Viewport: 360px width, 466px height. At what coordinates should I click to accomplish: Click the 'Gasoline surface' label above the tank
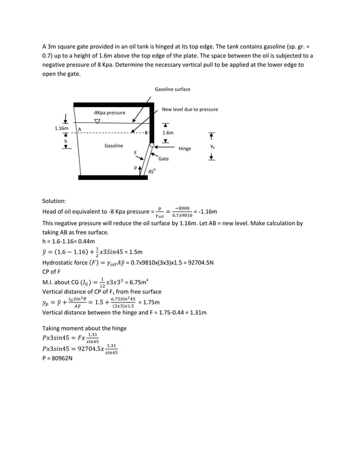tap(172, 89)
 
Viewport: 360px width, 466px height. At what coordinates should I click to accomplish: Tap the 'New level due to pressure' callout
tap(190, 109)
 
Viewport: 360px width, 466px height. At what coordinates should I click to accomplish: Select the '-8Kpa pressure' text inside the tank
tap(109, 113)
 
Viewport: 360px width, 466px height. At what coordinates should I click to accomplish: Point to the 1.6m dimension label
tap(168, 133)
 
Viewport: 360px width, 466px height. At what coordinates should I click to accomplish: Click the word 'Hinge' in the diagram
tap(185, 149)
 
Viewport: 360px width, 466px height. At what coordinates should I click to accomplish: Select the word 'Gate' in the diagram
tap(163, 159)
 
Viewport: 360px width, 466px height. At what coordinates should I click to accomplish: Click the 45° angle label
tap(152, 171)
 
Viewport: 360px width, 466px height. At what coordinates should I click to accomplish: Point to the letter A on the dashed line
tap(80, 129)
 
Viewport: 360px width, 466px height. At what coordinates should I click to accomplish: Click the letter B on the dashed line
tap(146, 133)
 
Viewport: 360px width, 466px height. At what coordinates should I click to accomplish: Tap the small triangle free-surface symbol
tap(98, 121)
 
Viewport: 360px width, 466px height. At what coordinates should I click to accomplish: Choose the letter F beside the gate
tap(135, 153)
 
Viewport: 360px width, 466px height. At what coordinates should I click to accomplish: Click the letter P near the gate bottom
tap(135, 168)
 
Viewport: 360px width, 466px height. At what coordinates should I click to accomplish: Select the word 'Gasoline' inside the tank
tap(113, 146)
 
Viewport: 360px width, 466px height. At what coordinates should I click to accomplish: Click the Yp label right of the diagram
tap(212, 146)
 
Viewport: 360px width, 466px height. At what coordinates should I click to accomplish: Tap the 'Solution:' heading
tap(54, 201)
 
